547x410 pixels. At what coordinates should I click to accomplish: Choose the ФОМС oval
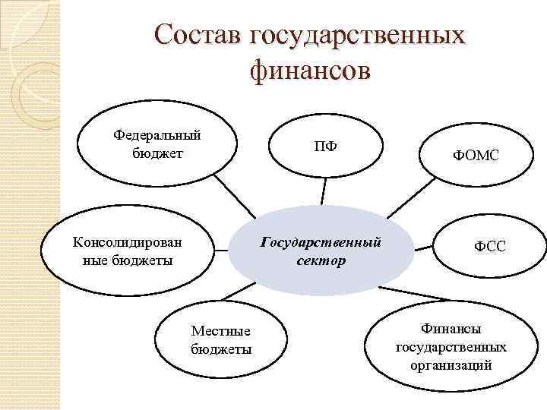click(476, 156)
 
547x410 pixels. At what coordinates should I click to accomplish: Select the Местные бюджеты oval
click(221, 340)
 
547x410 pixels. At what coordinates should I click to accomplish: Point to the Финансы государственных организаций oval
click(451, 346)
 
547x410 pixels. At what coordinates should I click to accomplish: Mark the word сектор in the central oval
click(321, 260)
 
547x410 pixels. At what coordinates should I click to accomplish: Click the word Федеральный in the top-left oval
click(157, 135)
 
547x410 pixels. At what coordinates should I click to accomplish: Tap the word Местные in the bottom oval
click(221, 332)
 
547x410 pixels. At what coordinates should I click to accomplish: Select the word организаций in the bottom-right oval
click(451, 364)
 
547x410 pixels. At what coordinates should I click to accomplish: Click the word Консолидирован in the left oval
click(127, 243)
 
